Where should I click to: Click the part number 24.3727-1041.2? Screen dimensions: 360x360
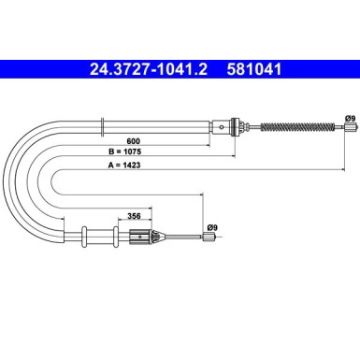point(149,69)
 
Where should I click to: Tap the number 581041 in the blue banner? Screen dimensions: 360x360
point(254,69)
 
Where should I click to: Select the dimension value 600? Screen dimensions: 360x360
point(134,141)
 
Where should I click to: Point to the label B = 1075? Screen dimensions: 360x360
point(124,151)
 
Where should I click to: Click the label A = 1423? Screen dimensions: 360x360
point(124,166)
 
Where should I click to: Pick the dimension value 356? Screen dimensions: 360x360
point(134,216)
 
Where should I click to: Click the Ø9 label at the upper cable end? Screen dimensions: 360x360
point(350,119)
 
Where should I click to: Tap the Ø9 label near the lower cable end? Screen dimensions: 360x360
point(212,228)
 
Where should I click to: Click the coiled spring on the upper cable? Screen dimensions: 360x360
point(297,127)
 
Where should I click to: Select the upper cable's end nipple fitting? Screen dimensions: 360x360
point(350,127)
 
